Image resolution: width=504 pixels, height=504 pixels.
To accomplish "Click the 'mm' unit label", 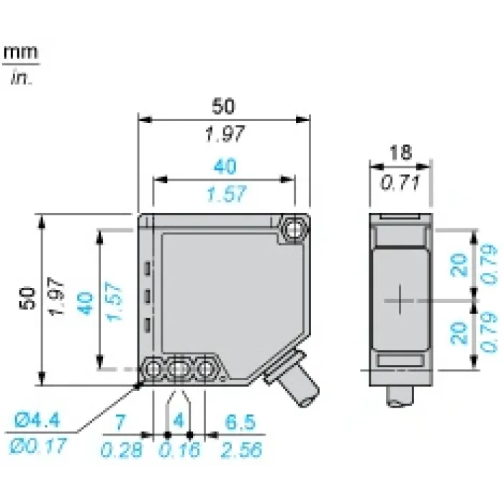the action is click(x=21, y=53).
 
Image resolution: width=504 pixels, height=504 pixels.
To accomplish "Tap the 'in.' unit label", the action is click(x=22, y=77).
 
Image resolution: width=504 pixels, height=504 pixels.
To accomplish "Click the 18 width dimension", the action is click(x=400, y=153).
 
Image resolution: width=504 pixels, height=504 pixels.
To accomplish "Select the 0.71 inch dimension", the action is click(x=400, y=183).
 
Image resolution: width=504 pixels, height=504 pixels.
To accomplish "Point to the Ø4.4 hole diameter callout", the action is click(x=37, y=420).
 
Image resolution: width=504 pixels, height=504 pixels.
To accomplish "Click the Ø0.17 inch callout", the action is click(x=37, y=446).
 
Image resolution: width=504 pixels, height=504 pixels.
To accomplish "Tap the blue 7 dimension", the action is click(x=120, y=423).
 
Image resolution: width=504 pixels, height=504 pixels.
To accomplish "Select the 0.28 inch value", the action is click(x=121, y=449).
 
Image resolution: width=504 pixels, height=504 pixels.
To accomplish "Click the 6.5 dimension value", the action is click(x=240, y=422).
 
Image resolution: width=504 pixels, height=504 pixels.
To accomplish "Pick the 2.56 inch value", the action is click(x=241, y=449).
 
